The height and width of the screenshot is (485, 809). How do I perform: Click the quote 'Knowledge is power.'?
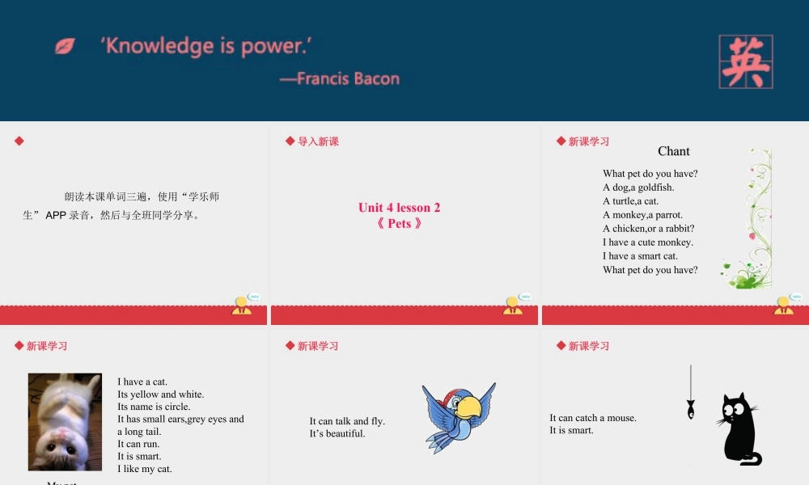(x=205, y=45)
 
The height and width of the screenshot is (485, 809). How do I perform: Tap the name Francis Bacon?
(x=340, y=78)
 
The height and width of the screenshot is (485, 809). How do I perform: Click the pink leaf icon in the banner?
(x=65, y=46)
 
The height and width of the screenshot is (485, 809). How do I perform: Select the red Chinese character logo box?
(x=745, y=61)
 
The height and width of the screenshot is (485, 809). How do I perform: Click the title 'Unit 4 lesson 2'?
(x=400, y=208)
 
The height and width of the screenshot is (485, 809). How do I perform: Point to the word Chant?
(x=673, y=151)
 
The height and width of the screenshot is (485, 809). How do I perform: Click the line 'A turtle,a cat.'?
(x=630, y=201)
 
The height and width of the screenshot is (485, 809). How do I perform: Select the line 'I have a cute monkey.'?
(x=647, y=242)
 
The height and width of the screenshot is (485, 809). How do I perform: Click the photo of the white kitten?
(x=65, y=421)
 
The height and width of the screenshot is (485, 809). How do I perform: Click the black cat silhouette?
(x=738, y=428)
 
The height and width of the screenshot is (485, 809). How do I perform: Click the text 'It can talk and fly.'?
(x=347, y=421)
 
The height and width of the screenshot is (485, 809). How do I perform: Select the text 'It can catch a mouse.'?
(x=593, y=418)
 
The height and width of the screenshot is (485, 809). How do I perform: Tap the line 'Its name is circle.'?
(x=154, y=407)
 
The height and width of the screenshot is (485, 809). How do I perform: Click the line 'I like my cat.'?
(x=144, y=469)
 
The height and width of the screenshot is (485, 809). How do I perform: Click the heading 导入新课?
(x=318, y=141)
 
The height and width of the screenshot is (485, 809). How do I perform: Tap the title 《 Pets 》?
(x=400, y=224)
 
